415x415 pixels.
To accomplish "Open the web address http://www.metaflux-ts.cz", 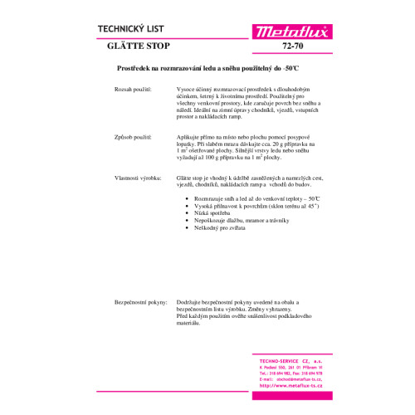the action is pyautogui.click(x=290, y=386).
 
